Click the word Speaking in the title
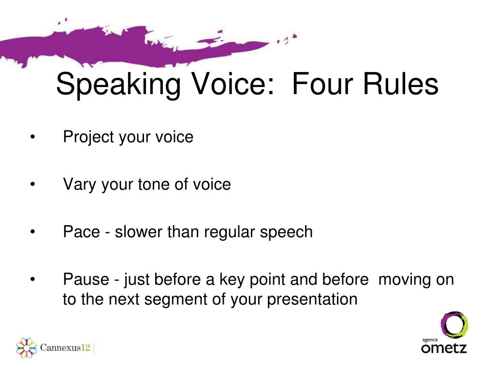pos(118,84)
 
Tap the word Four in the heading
pos(321,83)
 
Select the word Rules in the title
pos(401,83)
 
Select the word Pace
pos(81,232)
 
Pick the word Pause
pos(86,280)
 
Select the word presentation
pos(312,300)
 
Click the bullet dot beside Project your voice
pos(33,137)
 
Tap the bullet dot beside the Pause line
pos(33,280)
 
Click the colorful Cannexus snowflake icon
pos(27,348)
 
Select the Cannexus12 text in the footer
pos(65,348)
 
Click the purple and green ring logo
pos(454,325)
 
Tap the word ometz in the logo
pos(444,348)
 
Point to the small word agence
pos(430,340)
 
